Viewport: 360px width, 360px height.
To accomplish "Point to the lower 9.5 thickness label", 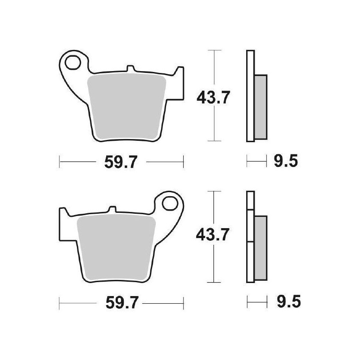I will point(285,302).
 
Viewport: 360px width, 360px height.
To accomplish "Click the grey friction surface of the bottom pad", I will point(117,245).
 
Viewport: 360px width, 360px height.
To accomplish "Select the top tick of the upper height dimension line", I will point(215,50).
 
